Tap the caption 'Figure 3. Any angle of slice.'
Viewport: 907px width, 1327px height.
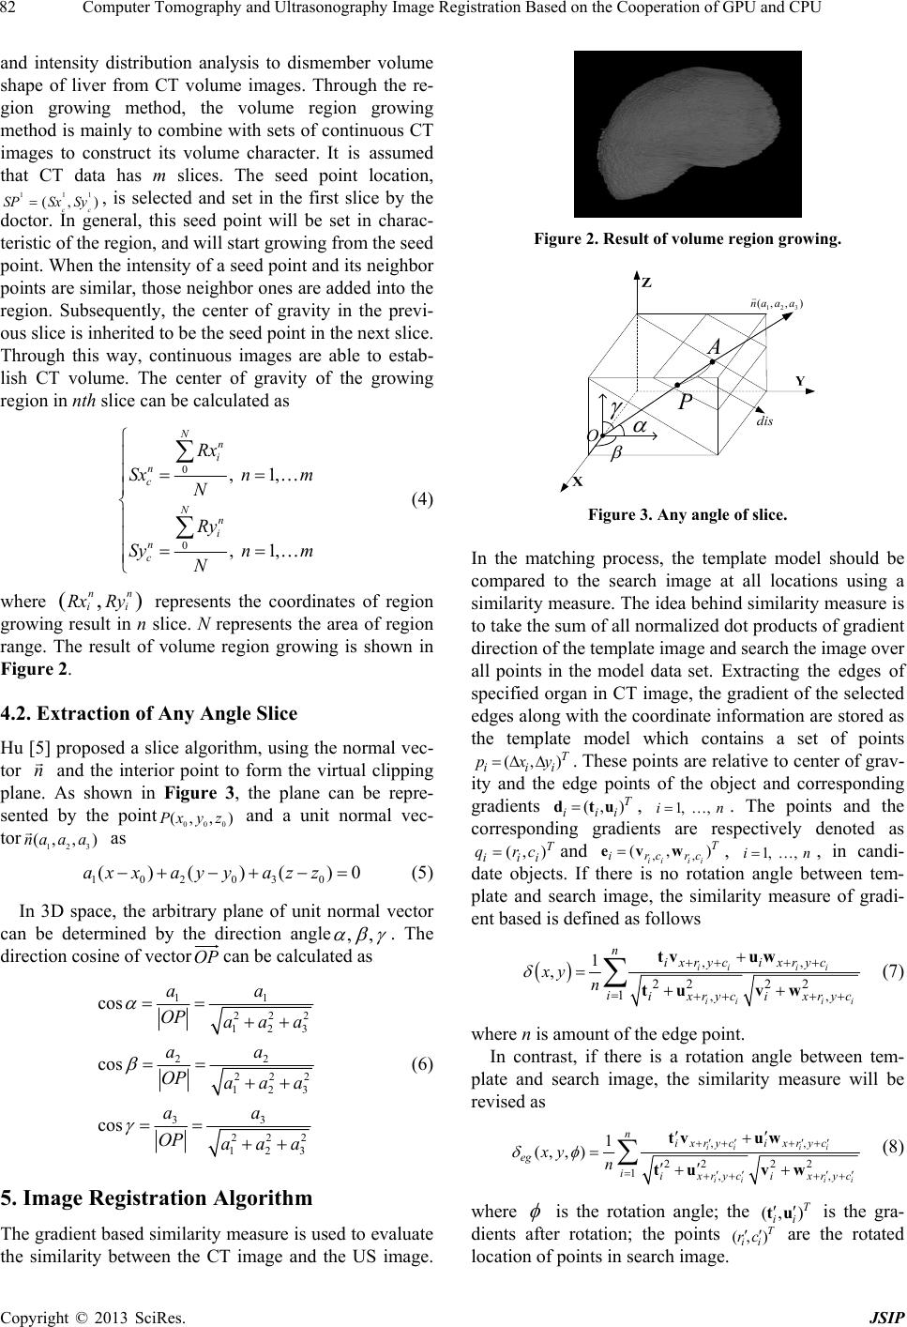tap(687, 514)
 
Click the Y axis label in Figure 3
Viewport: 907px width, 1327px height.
tap(799, 382)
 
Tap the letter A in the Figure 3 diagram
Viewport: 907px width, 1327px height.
tap(714, 348)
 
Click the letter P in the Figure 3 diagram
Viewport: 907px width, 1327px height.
tap(688, 402)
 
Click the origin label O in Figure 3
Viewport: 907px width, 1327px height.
tap(592, 436)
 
